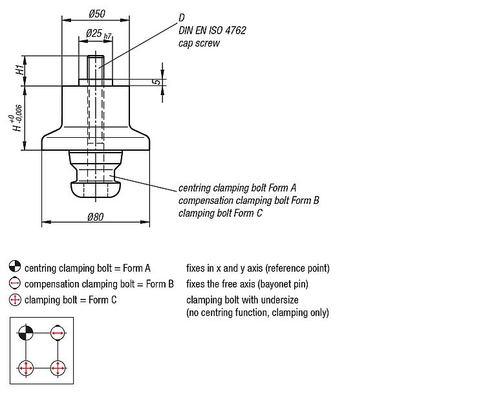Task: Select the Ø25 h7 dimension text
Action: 96,34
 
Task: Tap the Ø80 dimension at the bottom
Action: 94,217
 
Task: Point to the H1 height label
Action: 21,67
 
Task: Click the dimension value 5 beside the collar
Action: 157,82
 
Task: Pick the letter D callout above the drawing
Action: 182,17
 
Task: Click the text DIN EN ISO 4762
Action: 212,30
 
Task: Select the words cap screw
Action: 199,43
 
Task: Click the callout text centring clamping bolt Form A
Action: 237,188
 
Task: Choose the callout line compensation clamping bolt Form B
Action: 249,200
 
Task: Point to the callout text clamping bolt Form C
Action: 221,213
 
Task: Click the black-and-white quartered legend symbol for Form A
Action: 15,267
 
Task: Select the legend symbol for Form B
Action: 15,283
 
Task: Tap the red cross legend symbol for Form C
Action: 15,300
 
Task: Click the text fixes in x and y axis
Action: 257,268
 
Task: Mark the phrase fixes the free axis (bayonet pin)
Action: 247,284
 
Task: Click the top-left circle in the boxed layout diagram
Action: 25,333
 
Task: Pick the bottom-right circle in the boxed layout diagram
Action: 58,368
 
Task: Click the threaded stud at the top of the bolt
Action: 96,67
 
